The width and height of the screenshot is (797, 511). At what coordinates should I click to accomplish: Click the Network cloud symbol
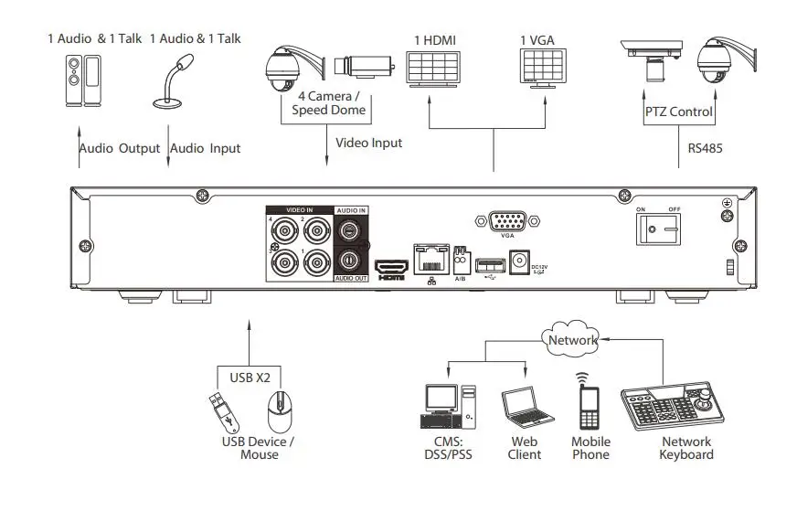571,340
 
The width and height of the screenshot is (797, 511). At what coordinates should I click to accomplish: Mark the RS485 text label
706,144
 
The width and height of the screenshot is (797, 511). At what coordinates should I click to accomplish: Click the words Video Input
368,143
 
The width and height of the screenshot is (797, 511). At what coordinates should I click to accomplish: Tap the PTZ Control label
678,112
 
